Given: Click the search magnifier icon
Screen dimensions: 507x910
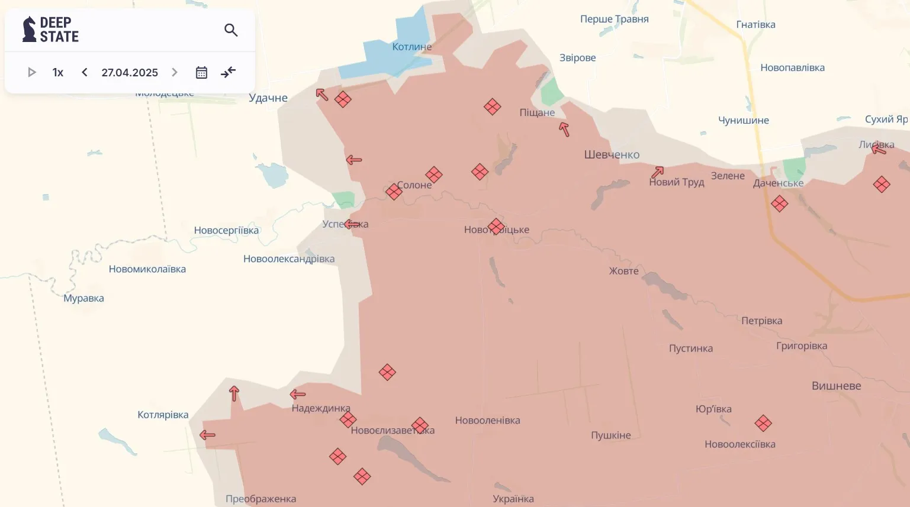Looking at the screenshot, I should click(x=231, y=30).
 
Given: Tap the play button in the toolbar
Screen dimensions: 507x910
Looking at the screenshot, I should click(x=32, y=72).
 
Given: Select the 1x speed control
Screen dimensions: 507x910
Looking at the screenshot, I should click(x=58, y=72).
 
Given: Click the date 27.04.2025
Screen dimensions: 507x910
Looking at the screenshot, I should click(x=130, y=72).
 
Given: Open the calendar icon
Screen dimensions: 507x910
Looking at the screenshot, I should click(x=201, y=72).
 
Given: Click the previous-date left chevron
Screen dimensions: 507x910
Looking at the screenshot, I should click(x=85, y=72).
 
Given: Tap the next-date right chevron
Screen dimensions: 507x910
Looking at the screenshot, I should click(x=175, y=72).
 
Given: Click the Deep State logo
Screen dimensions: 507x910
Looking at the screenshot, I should click(x=51, y=30).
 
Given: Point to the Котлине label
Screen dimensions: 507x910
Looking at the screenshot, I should click(x=412, y=47).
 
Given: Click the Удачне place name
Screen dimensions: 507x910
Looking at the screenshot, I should click(x=268, y=98).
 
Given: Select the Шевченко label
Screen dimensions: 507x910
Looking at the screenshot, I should click(x=612, y=155).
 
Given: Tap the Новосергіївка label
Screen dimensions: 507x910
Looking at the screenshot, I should click(x=226, y=231).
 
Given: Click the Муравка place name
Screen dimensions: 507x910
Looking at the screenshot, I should click(x=83, y=298).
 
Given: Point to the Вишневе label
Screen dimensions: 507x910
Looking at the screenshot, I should click(x=836, y=386).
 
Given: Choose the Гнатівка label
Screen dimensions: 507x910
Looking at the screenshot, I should click(x=755, y=25).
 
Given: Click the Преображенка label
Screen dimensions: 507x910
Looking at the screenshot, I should click(x=261, y=499).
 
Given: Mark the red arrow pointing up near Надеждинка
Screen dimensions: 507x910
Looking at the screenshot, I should click(x=234, y=393).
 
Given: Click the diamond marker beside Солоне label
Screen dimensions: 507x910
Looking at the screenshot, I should click(x=394, y=192).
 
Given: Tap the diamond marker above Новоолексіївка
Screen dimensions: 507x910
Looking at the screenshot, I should click(x=763, y=424).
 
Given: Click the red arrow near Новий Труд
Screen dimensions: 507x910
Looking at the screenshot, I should click(x=657, y=172).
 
